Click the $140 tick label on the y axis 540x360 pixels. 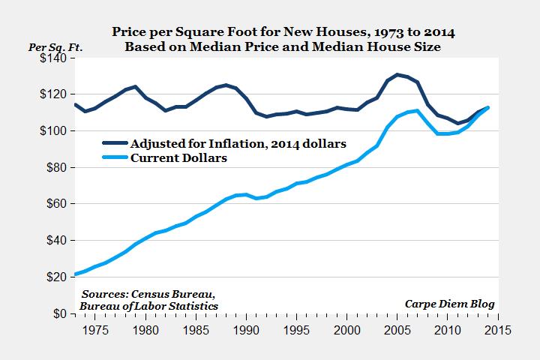(54, 58)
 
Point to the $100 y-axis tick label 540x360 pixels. (54, 131)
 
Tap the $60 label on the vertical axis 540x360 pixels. (57, 204)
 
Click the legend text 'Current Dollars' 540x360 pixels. (178, 159)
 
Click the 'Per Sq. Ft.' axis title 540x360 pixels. (55, 46)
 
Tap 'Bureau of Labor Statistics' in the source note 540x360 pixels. (148, 305)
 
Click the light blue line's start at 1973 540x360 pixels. (75, 274)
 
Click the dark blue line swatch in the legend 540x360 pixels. (115, 143)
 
